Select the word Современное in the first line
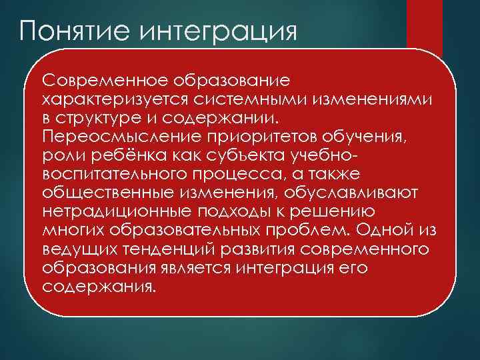pyautogui.click(x=107, y=81)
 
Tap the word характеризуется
pyautogui.click(x=114, y=99)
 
